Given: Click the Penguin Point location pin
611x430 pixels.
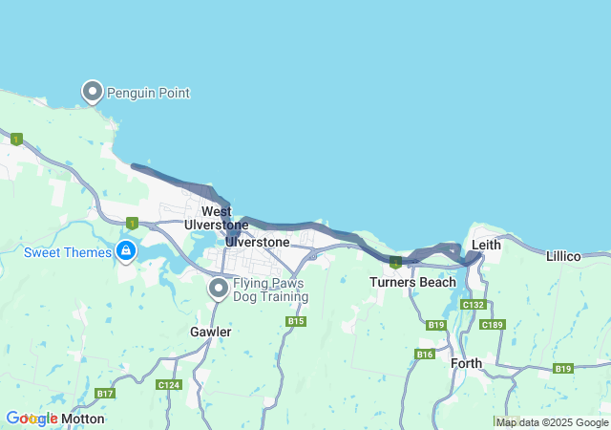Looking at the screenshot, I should pyautogui.click(x=93, y=91).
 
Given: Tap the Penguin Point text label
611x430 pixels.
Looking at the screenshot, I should pyautogui.click(x=148, y=93).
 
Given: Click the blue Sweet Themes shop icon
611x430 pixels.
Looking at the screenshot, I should pyautogui.click(x=125, y=250).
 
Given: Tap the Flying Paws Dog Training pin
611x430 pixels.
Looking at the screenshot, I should pyautogui.click(x=219, y=287).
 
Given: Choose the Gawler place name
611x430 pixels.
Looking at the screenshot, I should pyautogui.click(x=210, y=332).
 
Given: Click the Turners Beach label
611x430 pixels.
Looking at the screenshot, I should pyautogui.click(x=413, y=282).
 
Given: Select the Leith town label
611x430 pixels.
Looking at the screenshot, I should pyautogui.click(x=486, y=245).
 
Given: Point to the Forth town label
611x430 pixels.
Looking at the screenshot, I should pyautogui.click(x=467, y=363).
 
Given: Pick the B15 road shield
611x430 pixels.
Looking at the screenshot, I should pyautogui.click(x=296, y=321).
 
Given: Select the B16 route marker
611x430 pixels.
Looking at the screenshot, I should pyautogui.click(x=425, y=355).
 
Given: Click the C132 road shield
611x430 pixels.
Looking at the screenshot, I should pyautogui.click(x=473, y=304).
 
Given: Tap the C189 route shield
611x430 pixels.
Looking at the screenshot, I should pyautogui.click(x=493, y=325).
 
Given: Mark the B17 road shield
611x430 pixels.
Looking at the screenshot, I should pyautogui.click(x=105, y=394).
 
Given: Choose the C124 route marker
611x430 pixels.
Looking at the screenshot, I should pyautogui.click(x=168, y=384).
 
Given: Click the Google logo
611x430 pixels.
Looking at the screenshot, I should pyautogui.click(x=32, y=419).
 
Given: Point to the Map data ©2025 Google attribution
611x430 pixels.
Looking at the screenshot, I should pyautogui.click(x=552, y=422).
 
